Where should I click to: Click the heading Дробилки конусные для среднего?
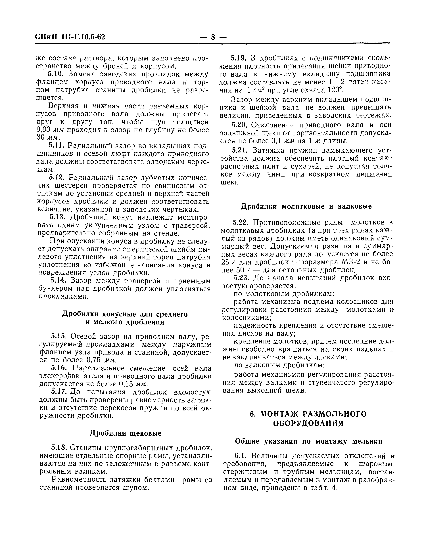click(x=125, y=314)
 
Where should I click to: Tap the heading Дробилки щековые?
click(x=125, y=433)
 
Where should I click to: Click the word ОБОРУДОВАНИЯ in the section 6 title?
click(x=308, y=423)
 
